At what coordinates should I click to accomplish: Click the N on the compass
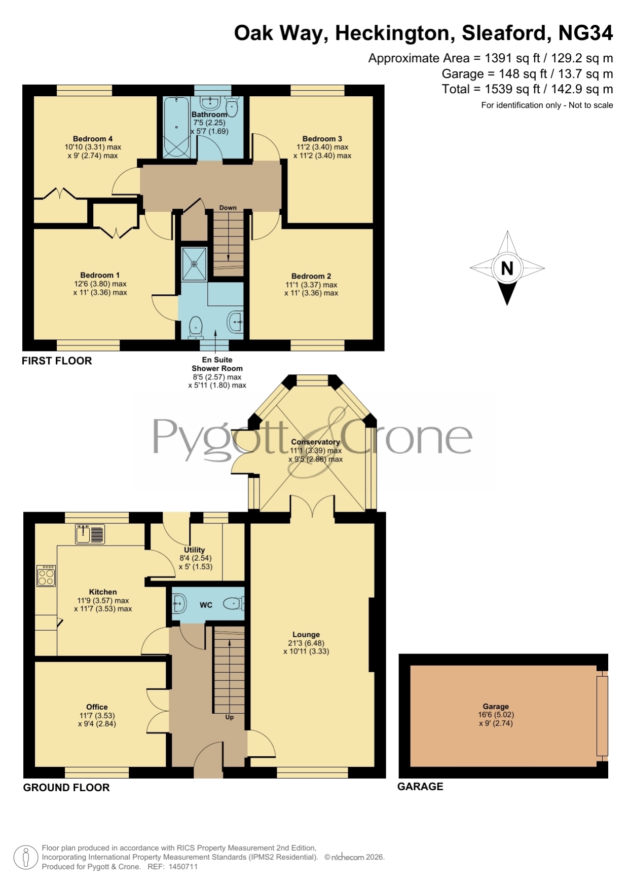pyautogui.click(x=507, y=268)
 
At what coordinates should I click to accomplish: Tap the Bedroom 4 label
pyautogui.click(x=93, y=139)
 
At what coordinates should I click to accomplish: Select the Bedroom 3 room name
pyautogui.click(x=322, y=139)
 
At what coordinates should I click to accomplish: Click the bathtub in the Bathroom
pyautogui.click(x=176, y=128)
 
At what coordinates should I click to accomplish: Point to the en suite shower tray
pyautogui.click(x=194, y=263)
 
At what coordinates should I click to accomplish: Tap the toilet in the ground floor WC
pyautogui.click(x=235, y=603)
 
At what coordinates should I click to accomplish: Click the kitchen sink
pyautogui.click(x=90, y=534)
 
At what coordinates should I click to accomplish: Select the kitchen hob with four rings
pyautogui.click(x=46, y=576)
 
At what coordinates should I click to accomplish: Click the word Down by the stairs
pyautogui.click(x=228, y=208)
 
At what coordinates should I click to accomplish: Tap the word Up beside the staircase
pyautogui.click(x=230, y=717)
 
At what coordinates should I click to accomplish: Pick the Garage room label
pyautogui.click(x=496, y=706)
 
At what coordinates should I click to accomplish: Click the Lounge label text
pyautogui.click(x=306, y=635)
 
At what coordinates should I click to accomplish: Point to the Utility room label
pyautogui.click(x=195, y=550)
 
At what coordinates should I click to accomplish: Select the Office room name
pyautogui.click(x=97, y=707)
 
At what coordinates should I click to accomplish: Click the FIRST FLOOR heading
pyautogui.click(x=57, y=361)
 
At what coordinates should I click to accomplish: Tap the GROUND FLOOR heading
pyautogui.click(x=66, y=787)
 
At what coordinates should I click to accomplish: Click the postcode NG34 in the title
pyautogui.click(x=585, y=33)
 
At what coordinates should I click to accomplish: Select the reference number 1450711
pyautogui.click(x=183, y=867)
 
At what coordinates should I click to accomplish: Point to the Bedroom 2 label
pyautogui.click(x=311, y=276)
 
